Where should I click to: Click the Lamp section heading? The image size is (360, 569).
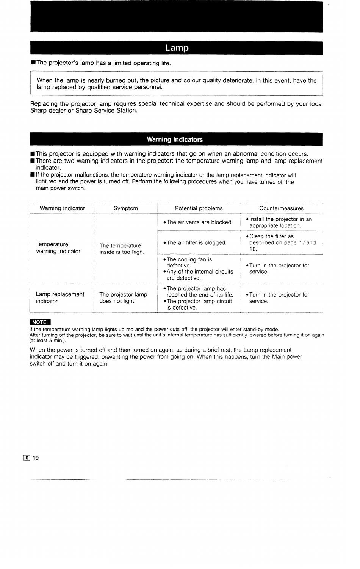tap(177, 48)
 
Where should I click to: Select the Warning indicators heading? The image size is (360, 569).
tap(175, 139)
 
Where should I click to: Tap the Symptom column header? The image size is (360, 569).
tap(126, 208)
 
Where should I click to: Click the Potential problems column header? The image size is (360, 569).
tap(199, 208)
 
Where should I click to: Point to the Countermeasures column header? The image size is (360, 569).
tap(281, 208)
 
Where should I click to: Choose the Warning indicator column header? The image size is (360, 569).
tap(62, 208)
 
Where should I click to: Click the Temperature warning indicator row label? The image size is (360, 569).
tap(58, 248)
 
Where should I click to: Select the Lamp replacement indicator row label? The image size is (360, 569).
tap(60, 298)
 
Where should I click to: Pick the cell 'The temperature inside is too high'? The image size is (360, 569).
tap(122, 249)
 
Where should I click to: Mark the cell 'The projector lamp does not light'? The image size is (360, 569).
tap(123, 298)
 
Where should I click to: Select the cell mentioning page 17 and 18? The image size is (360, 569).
tap(282, 243)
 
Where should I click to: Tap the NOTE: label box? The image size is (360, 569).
tap(40, 322)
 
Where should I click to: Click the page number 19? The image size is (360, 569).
tap(36, 458)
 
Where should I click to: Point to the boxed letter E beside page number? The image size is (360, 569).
tap(27, 458)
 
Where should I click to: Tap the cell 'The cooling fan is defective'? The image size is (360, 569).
tap(189, 263)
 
